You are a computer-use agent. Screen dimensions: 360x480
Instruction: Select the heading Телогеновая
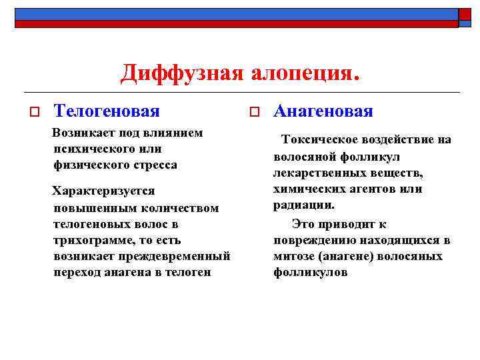click(107, 111)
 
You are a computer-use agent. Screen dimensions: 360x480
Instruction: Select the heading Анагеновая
click(323, 111)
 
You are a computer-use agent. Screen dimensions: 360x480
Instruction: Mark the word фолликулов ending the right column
click(310, 273)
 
